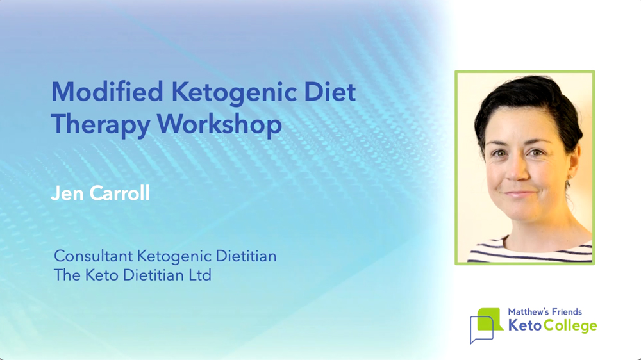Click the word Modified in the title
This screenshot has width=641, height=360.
(x=107, y=92)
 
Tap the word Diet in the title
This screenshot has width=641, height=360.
(x=330, y=92)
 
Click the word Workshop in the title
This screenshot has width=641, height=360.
(x=219, y=124)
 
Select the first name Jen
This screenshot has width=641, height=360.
(x=67, y=193)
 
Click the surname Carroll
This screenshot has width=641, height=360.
(x=119, y=193)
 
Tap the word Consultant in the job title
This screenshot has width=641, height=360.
(x=94, y=256)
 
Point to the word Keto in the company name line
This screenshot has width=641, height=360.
(x=102, y=275)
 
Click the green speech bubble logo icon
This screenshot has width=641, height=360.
(x=490, y=319)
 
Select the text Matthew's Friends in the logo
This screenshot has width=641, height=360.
(x=544, y=312)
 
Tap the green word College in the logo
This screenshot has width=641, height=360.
(x=570, y=326)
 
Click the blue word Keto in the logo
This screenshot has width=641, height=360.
(x=525, y=325)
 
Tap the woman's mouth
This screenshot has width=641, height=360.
(x=520, y=193)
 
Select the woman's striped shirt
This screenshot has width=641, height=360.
(x=530, y=249)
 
